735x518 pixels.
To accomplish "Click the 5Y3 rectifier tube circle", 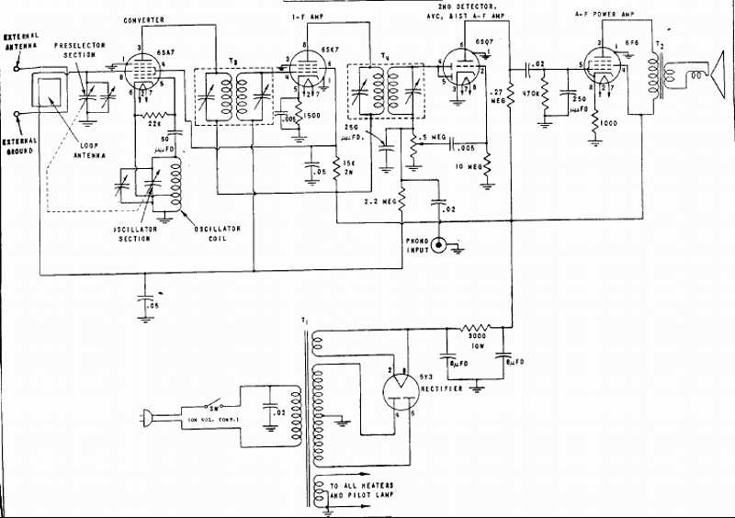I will [x=400, y=398].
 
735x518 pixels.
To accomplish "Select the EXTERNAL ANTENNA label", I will [x=21, y=42].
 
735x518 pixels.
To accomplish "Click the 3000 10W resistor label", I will [x=475, y=342].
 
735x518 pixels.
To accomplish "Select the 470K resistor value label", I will [x=529, y=94].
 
